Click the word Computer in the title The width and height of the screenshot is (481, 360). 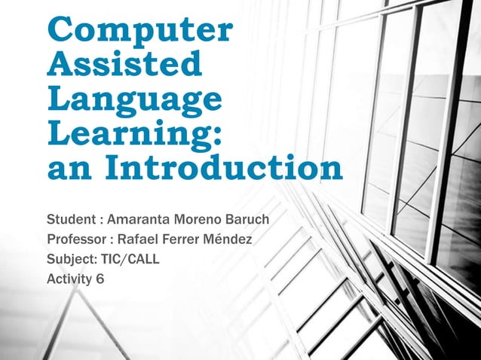coord(139,31)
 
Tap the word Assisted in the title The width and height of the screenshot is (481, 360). coord(125,66)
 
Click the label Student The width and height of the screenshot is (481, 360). coord(70,221)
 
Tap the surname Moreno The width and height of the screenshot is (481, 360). coord(199,221)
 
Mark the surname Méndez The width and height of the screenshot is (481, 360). coord(231,241)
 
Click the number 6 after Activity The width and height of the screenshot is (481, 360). coord(100,279)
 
